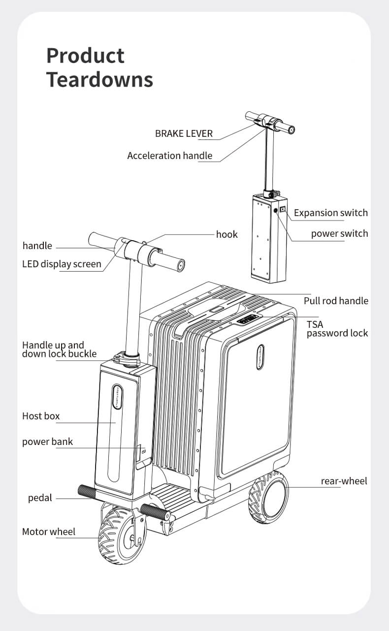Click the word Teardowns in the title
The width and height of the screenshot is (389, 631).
[x=99, y=79]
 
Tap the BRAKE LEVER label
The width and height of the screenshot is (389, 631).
[x=184, y=133]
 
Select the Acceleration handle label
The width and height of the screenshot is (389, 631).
[x=170, y=156]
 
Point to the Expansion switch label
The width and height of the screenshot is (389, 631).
[x=330, y=213]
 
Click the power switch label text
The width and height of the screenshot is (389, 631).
[x=339, y=233]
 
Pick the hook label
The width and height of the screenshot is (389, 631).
[x=227, y=234]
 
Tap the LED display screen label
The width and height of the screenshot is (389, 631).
[x=62, y=264]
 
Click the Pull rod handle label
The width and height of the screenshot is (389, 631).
[x=336, y=301]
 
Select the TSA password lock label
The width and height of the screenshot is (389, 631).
[x=337, y=329]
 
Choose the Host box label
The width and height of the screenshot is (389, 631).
[x=41, y=416]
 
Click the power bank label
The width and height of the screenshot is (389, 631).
[x=47, y=442]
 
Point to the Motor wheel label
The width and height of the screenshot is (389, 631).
[x=49, y=532]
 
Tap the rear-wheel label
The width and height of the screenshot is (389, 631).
[x=344, y=481]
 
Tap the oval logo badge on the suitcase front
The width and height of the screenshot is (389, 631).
[x=260, y=357]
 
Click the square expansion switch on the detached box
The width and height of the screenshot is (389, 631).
[x=283, y=210]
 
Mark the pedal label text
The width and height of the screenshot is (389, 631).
[x=40, y=498]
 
